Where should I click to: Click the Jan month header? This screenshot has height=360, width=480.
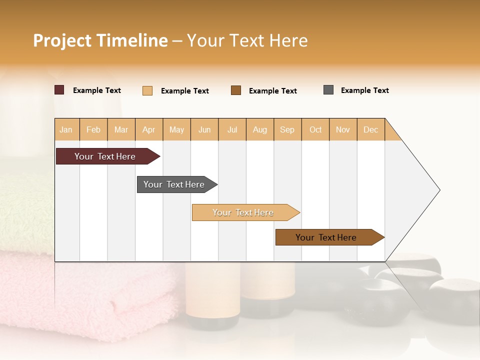[66, 129]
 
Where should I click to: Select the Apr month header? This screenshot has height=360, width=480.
[149, 129]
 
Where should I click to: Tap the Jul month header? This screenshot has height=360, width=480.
[232, 129]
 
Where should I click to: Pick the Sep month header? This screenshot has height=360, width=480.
[287, 129]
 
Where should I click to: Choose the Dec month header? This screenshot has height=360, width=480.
[370, 129]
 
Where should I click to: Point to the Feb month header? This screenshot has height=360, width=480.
[93, 129]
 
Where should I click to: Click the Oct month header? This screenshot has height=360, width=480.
[315, 129]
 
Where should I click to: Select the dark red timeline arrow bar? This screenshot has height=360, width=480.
[105, 156]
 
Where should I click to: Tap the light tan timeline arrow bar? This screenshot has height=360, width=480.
[243, 212]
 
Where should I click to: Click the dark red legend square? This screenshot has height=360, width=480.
[59, 90]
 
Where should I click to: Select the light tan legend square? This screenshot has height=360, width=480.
[147, 90]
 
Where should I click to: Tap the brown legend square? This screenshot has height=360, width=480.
[236, 90]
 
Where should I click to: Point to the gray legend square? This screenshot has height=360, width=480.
[328, 90]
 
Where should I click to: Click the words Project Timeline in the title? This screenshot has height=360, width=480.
[100, 40]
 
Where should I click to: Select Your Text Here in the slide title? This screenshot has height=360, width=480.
[247, 40]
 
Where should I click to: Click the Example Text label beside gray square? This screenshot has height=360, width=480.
[364, 90]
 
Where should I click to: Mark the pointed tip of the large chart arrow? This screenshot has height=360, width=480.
[439, 190]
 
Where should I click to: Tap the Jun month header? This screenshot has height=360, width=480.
[204, 129]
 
